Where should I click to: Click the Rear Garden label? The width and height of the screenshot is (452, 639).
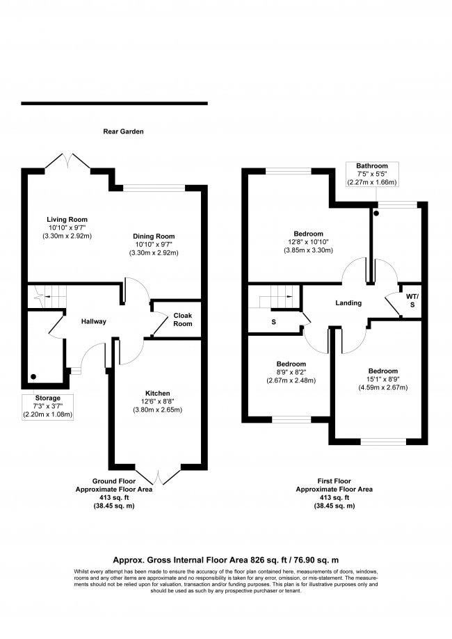123,131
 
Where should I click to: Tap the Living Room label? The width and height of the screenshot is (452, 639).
67,220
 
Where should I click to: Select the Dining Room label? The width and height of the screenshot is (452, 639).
154,236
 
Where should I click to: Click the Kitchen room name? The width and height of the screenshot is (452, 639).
158,394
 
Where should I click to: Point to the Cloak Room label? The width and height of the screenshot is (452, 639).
183,320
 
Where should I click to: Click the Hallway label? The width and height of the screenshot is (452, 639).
93,321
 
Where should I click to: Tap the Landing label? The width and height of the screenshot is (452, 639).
348,302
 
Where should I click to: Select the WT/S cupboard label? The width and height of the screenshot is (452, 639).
412,300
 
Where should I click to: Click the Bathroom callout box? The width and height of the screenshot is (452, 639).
372,174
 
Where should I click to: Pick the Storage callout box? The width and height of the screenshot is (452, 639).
48,407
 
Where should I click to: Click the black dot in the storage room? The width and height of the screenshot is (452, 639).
33,377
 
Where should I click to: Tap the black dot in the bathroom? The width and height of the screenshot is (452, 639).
376,213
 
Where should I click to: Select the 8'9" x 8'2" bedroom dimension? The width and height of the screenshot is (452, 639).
291,372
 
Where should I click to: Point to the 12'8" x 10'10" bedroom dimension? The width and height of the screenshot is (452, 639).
309,242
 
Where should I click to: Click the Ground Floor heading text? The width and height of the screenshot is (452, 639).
114,481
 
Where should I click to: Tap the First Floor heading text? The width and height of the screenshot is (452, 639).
334,481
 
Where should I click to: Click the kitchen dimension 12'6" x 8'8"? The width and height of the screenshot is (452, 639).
158,401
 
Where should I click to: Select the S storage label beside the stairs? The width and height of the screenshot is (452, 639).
273,322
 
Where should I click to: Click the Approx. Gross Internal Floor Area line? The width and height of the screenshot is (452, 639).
226,560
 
